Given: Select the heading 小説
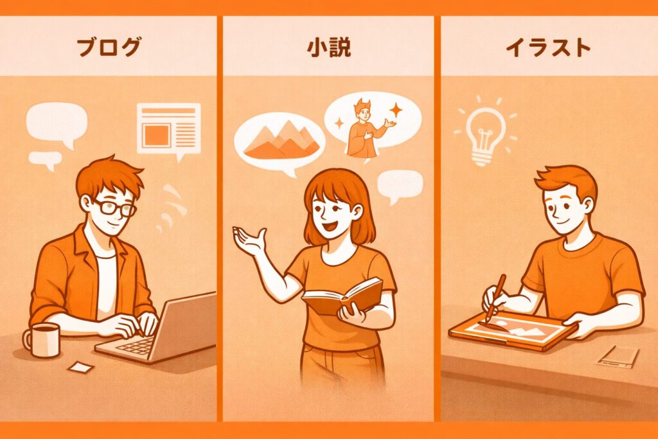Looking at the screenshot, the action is [328, 47].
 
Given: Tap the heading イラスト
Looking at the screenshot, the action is [548, 47].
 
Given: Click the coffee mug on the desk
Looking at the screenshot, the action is [42, 339].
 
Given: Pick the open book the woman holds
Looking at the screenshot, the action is [342, 296].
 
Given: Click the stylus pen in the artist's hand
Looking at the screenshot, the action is [495, 298].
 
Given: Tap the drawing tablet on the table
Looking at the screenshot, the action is [513, 330].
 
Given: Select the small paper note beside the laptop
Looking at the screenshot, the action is [80, 367].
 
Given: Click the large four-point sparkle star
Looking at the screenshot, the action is [395, 111].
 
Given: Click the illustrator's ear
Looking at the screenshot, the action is [587, 206].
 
